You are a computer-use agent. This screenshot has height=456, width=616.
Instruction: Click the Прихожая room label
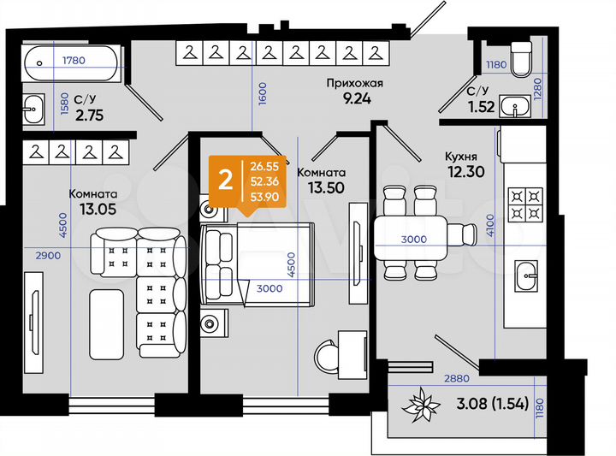[x=352, y=83]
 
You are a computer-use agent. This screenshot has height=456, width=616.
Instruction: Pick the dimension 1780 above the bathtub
[x=75, y=60]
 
